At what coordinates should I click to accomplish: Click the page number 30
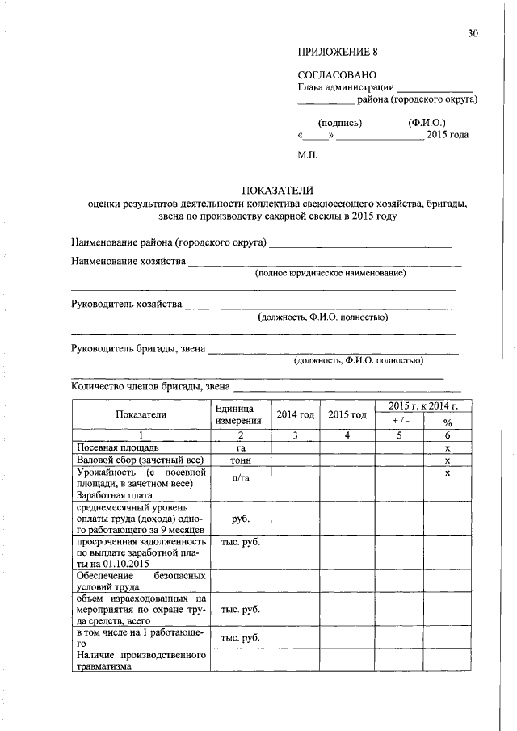473,33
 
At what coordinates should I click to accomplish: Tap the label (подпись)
340,123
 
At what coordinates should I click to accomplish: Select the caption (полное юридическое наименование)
330,274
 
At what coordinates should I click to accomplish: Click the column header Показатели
141,414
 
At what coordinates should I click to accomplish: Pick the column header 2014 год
296,414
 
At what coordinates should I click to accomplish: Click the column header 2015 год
348,414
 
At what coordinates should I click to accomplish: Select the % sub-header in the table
447,422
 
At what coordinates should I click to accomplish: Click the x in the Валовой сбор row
447,460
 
